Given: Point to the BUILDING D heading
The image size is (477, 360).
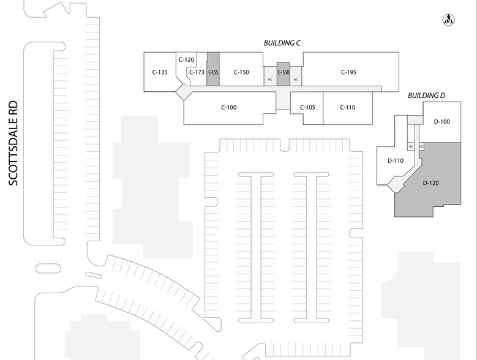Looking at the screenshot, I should (x=426, y=97).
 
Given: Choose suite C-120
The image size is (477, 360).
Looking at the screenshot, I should (x=186, y=60).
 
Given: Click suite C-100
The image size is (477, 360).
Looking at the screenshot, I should (x=228, y=108).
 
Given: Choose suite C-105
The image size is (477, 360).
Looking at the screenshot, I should (x=307, y=108).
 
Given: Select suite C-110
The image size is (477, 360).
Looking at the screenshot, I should (x=347, y=108).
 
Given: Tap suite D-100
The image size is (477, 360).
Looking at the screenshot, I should (x=441, y=122).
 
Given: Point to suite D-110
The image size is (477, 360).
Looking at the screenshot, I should (x=396, y=161).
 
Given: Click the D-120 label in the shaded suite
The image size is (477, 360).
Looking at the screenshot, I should (x=432, y=183).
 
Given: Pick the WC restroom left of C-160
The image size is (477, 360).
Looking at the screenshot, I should (x=270, y=80).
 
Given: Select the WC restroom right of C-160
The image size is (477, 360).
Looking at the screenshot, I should (x=296, y=80).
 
